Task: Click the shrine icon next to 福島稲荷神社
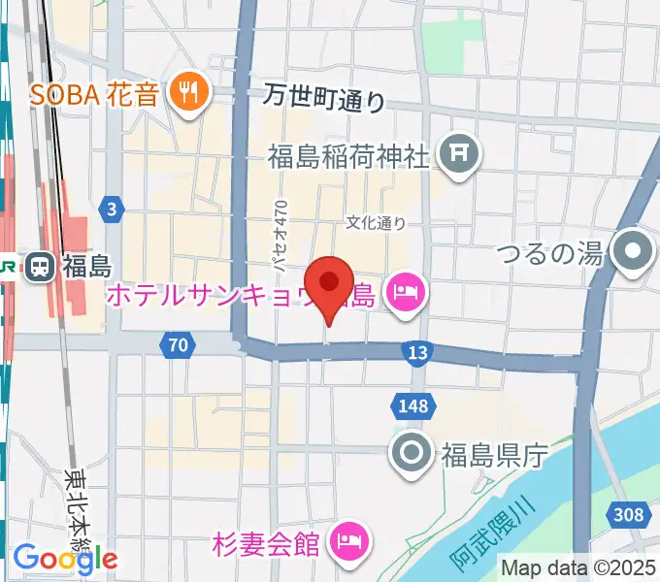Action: [454, 153]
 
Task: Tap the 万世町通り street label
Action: [325, 98]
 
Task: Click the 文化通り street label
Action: [377, 222]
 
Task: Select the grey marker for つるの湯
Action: [633, 254]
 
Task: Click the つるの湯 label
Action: [550, 254]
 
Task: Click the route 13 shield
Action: [417, 354]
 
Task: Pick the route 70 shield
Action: [177, 343]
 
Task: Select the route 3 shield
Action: [113, 208]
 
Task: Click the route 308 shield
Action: [631, 515]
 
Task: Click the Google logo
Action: [66, 558]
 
